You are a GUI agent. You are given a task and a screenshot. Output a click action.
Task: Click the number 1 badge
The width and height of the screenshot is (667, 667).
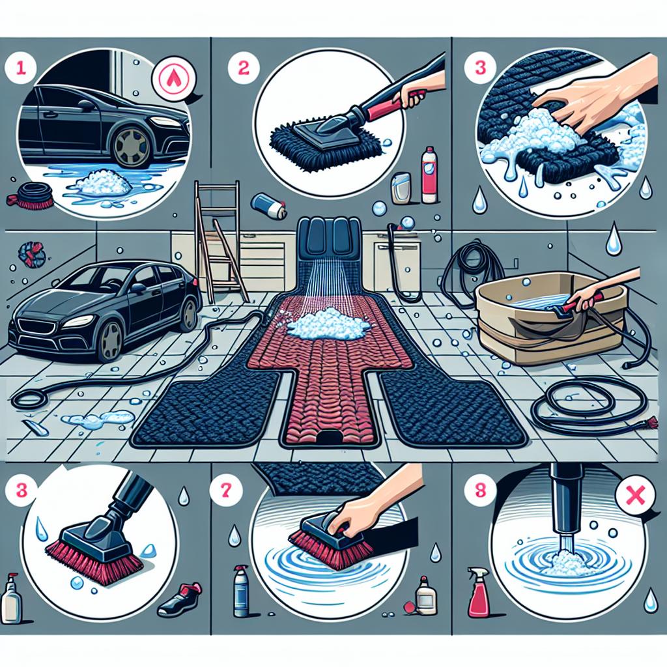click(x=20, y=68)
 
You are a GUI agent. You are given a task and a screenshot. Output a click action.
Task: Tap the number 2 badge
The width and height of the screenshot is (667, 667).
click(x=243, y=68)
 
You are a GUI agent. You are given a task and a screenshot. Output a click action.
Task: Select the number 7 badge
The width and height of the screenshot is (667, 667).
click(x=225, y=490)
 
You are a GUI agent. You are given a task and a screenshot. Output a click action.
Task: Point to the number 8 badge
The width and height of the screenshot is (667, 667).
click(x=479, y=490)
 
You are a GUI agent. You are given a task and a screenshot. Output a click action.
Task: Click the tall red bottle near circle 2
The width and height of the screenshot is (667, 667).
click(x=427, y=175)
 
